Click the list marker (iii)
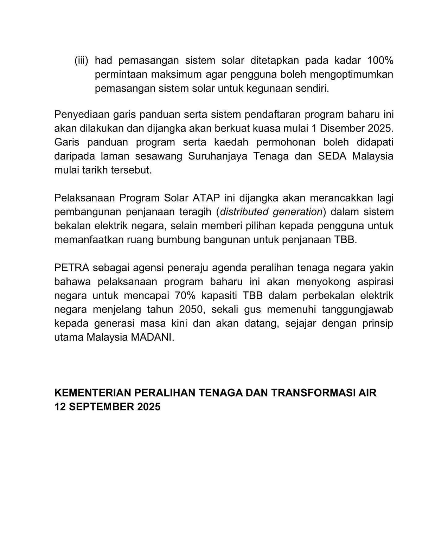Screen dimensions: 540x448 click(81, 60)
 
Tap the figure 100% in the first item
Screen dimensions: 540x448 click(380, 60)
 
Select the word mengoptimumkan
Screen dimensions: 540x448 click(352, 75)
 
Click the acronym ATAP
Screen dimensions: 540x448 click(206, 198)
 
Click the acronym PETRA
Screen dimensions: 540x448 click(72, 268)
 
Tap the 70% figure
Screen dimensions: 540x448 click(185, 296)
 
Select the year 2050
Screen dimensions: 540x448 click(191, 310)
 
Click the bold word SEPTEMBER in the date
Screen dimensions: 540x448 click(101, 407)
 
